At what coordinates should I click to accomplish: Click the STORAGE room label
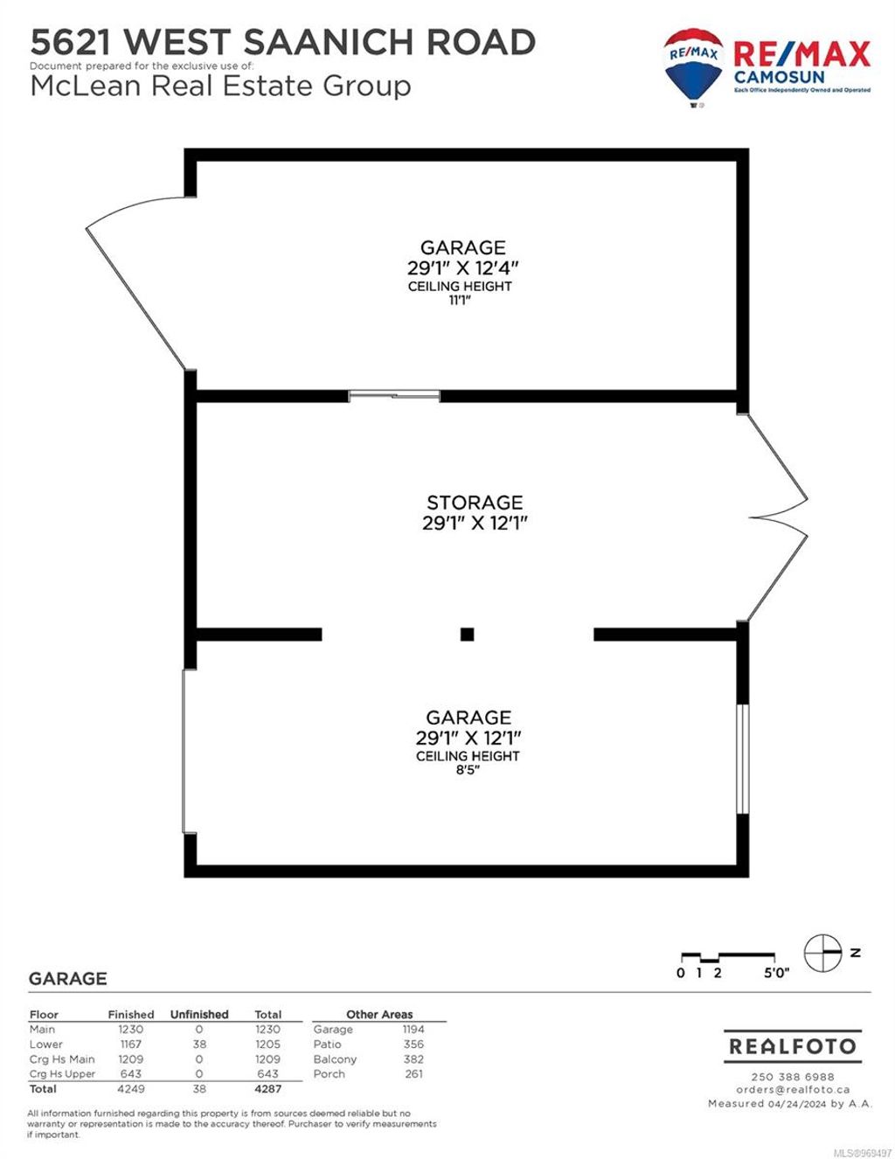click(475, 503)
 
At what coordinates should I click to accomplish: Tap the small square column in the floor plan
click(467, 635)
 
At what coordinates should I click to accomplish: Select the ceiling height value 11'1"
click(461, 300)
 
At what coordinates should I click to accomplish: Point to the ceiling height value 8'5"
click(467, 770)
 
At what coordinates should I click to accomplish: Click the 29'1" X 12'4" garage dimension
click(462, 267)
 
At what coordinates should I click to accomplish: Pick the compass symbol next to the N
click(822, 953)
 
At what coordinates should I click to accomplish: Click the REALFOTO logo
click(793, 1046)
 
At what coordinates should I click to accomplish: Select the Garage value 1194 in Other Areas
click(413, 1030)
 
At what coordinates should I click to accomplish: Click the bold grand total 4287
click(267, 1089)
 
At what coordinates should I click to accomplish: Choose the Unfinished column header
click(199, 1015)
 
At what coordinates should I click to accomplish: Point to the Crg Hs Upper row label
click(62, 1074)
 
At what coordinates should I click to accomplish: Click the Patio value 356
click(413, 1044)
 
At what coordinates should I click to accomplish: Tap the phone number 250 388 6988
click(793, 1077)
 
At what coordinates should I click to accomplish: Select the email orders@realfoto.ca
click(793, 1090)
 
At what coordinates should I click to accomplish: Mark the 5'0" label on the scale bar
click(775, 974)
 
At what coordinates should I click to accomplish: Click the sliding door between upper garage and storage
click(394, 396)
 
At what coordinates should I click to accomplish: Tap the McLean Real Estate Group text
click(220, 87)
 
